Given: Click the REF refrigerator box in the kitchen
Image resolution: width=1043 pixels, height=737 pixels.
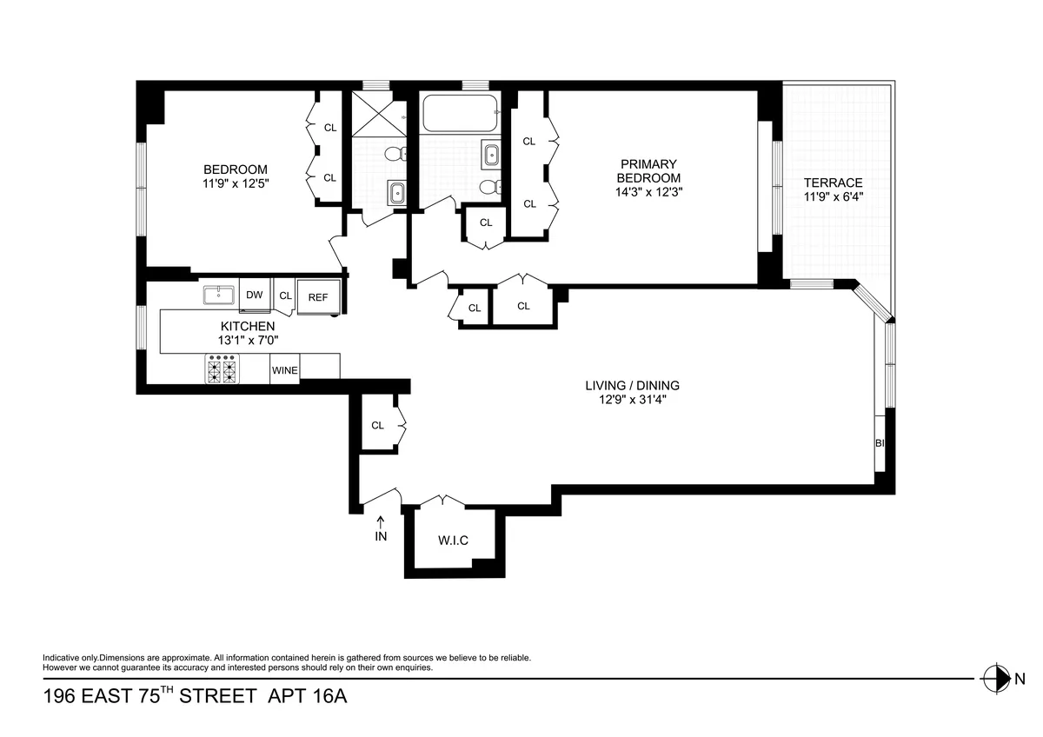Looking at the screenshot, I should point(318,296).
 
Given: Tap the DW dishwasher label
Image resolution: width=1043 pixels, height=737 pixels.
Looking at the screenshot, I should point(254,295).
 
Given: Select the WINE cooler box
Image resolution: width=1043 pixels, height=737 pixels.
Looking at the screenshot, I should point(285,370).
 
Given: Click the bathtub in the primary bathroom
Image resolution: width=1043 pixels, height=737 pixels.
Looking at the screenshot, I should point(460,113).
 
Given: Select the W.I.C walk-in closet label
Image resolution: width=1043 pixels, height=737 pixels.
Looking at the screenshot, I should point(453,541).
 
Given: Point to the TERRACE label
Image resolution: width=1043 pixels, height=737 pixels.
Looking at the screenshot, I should point(833,183).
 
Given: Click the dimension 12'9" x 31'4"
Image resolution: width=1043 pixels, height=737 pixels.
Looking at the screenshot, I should point(631,400).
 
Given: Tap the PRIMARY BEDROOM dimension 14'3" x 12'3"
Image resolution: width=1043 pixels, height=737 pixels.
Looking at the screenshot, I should point(648,193).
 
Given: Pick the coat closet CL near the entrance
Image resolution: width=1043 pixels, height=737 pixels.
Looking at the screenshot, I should point(377,425).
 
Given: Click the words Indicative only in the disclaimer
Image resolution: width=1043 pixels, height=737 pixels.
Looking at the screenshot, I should point(70,658).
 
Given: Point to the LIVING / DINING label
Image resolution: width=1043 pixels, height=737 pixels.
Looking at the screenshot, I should point(631,386).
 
